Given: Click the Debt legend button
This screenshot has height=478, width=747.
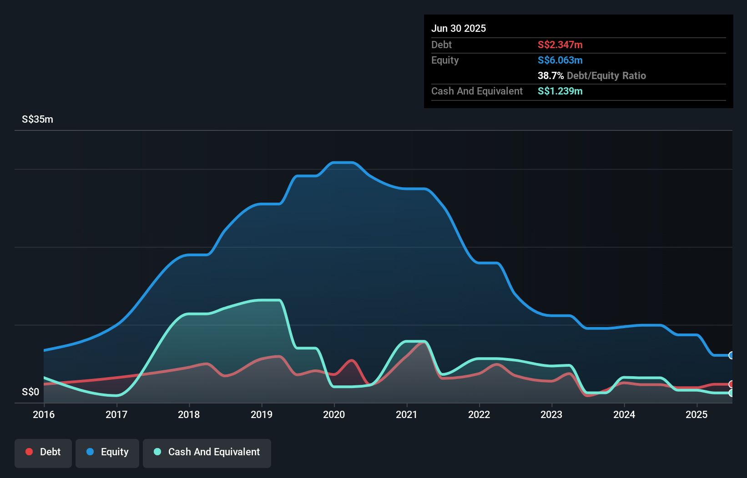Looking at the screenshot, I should pyautogui.click(x=43, y=452).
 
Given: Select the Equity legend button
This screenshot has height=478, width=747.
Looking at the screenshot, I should pyautogui.click(x=107, y=452).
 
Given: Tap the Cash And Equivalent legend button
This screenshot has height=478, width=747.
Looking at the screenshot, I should pyautogui.click(x=207, y=452).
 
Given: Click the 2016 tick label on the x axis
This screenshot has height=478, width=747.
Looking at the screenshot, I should pyautogui.click(x=44, y=414).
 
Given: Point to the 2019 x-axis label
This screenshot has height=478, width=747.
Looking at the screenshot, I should pyautogui.click(x=262, y=414).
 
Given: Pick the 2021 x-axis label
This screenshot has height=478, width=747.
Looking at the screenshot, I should pyautogui.click(x=407, y=414).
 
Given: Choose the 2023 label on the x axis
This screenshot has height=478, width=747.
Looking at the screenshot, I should pyautogui.click(x=551, y=414).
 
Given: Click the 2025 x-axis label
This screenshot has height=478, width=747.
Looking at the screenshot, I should pyautogui.click(x=697, y=414).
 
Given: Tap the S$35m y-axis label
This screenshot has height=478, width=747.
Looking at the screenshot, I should pyautogui.click(x=37, y=119).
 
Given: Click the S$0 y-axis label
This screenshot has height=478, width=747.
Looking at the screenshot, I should pyautogui.click(x=30, y=392).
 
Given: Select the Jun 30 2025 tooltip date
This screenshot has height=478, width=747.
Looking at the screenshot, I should pyautogui.click(x=459, y=28).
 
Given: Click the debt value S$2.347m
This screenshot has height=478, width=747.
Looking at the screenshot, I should pyautogui.click(x=560, y=45).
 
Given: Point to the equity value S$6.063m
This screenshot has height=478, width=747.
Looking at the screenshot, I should pyautogui.click(x=560, y=60).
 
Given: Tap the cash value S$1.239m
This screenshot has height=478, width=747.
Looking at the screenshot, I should pyautogui.click(x=560, y=91).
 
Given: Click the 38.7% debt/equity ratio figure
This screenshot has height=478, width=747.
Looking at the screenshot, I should pyautogui.click(x=550, y=75).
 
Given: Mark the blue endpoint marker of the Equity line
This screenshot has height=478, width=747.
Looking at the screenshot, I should pyautogui.click(x=731, y=355).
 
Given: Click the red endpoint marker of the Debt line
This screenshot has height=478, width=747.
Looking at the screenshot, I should pyautogui.click(x=731, y=384).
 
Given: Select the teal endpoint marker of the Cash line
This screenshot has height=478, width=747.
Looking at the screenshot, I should pyautogui.click(x=731, y=393).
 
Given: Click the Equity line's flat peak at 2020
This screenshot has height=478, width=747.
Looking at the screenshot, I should pyautogui.click(x=343, y=162).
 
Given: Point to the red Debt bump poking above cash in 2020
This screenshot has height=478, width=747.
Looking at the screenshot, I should pyautogui.click(x=352, y=361).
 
